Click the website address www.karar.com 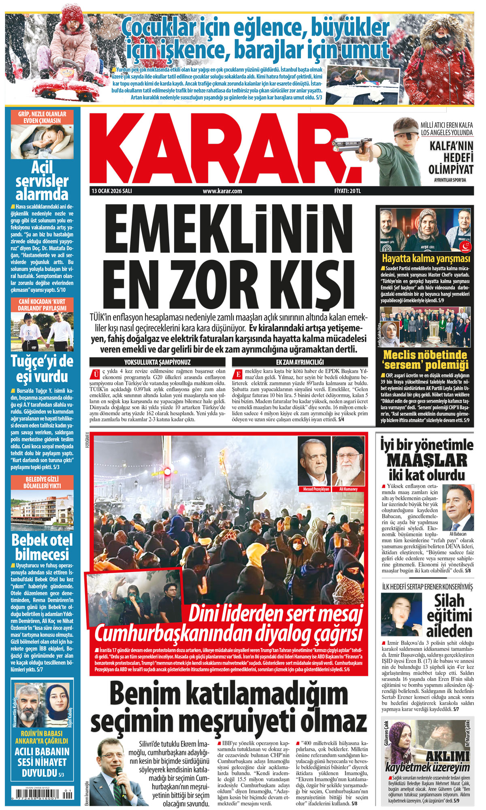pyautogui.click(x=222, y=191)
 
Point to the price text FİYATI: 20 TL pyautogui.click(x=347, y=191)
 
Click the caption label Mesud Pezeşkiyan pyautogui.click(x=316, y=489)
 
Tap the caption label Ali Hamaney pyautogui.click(x=348, y=489)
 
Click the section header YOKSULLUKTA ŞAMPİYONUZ pyautogui.click(x=157, y=362)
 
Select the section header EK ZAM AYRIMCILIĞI pyautogui.click(x=300, y=362)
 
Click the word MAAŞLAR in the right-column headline pyautogui.click(x=426, y=460)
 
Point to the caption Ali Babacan pyautogui.click(x=458, y=534)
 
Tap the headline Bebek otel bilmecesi pyautogui.click(x=42, y=547)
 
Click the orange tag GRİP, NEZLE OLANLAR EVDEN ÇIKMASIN pyautogui.click(x=42, y=117)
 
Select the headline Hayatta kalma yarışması pyautogui.click(x=426, y=258)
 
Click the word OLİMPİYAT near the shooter pyautogui.click(x=451, y=169)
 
